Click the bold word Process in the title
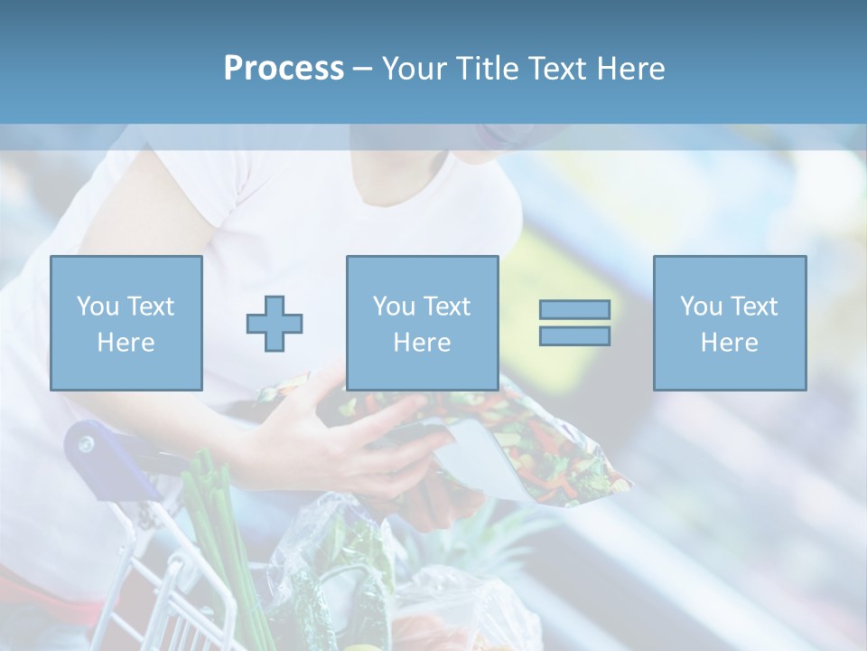[284, 69]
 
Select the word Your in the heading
[415, 69]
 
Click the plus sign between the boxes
[275, 324]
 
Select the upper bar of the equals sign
[574, 309]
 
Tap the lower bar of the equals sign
[574, 335]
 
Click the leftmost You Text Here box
[126, 323]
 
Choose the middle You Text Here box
[422, 323]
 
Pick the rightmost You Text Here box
[729, 323]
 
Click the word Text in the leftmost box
[150, 306]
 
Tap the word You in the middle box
[394, 306]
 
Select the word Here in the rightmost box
[729, 342]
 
